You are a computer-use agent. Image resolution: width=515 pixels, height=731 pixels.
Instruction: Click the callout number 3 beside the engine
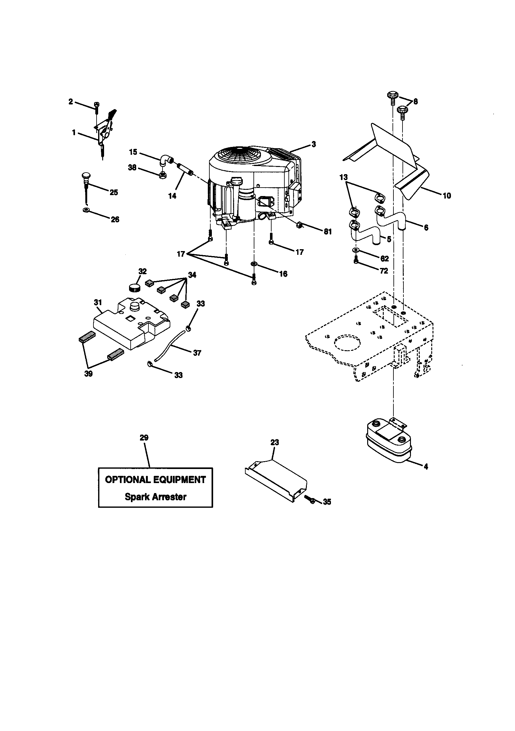click(x=313, y=144)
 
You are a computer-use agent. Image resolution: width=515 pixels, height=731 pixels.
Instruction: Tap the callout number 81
click(x=327, y=232)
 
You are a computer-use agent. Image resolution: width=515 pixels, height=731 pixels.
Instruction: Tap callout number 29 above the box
click(x=144, y=438)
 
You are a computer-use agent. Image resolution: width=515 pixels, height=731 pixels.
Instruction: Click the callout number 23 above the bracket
click(x=274, y=442)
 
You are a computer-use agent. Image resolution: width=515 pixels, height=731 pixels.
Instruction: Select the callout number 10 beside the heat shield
click(x=447, y=196)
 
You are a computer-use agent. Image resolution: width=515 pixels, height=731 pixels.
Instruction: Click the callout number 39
click(x=88, y=374)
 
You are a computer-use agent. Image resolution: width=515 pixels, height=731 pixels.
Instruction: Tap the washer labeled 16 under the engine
click(x=254, y=264)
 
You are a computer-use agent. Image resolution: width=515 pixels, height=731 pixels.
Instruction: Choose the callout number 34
click(x=192, y=275)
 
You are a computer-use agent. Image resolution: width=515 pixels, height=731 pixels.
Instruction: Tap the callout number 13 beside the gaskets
click(x=344, y=177)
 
